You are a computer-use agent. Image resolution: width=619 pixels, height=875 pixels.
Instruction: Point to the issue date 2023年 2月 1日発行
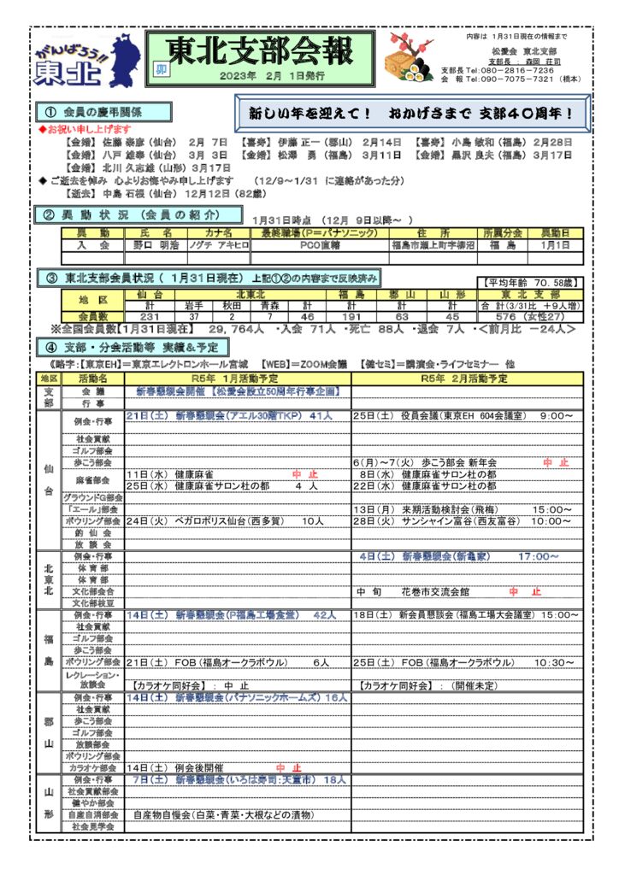click(x=272, y=76)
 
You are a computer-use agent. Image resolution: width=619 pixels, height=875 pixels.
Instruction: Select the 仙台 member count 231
click(x=150, y=316)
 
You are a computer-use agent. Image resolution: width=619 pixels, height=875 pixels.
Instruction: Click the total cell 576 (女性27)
click(x=530, y=316)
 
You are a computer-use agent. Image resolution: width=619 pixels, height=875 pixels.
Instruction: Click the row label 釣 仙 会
click(x=94, y=531)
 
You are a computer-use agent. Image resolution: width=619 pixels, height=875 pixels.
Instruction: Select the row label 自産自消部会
click(x=93, y=815)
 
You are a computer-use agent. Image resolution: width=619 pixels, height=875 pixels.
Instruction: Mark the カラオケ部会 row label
click(x=93, y=767)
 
